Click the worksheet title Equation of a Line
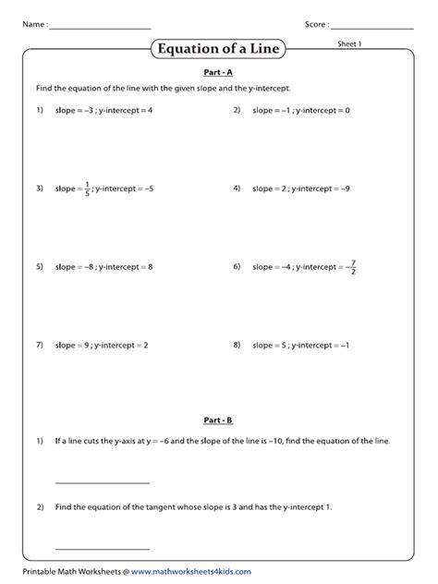(218, 48)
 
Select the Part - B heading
(218, 420)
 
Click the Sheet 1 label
(348, 43)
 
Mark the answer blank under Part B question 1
(102, 481)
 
